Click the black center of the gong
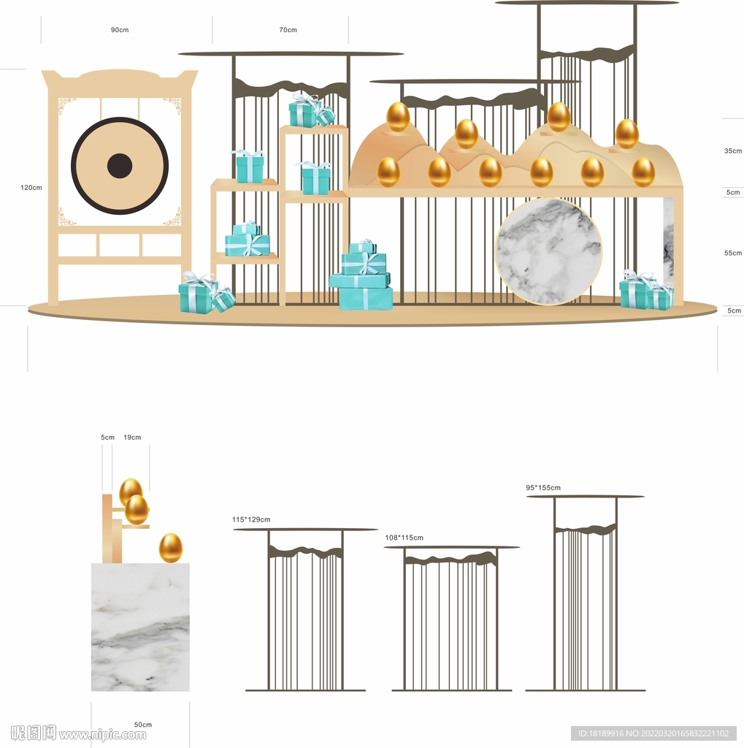[119, 166]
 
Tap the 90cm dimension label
[120, 29]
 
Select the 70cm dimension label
[288, 29]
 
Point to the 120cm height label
[31, 188]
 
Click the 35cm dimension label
[733, 150]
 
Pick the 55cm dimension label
[733, 253]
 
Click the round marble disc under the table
[548, 251]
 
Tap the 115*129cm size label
[251, 519]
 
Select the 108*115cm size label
[404, 538]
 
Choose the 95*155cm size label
[543, 487]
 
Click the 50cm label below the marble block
[142, 724]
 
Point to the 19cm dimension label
[132, 437]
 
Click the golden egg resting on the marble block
[170, 548]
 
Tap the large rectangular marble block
[140, 627]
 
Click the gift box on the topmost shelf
[303, 112]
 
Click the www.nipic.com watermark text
[102, 733]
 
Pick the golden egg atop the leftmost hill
[398, 116]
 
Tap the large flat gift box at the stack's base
[366, 298]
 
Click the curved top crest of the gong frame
[119, 75]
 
